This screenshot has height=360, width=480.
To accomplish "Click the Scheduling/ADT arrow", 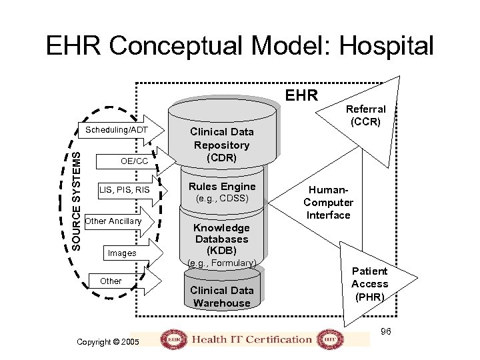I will click(120, 129).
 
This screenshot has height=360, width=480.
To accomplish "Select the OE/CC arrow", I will click(133, 161).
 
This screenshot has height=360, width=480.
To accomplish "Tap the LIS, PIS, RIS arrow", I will click(125, 191).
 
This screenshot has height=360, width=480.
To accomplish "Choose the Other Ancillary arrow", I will click(117, 221).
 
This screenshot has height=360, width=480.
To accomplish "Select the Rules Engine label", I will click(222, 187).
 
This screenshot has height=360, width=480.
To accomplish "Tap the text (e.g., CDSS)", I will click(222, 199).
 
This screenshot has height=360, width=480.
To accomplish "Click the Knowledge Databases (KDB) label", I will click(222, 239).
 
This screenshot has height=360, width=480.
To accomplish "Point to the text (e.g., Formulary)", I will click(222, 263).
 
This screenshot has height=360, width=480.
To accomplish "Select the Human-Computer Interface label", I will click(328, 202).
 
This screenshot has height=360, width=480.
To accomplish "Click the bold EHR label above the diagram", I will click(301, 95).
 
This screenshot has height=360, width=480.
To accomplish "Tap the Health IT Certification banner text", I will click(252, 339).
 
